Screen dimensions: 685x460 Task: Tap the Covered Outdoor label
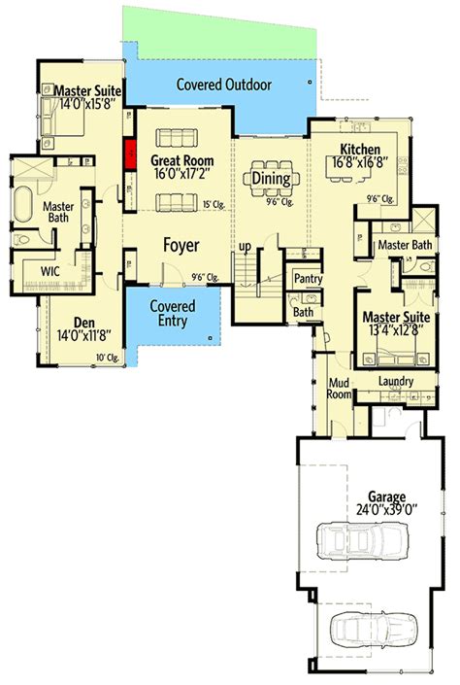click(x=223, y=85)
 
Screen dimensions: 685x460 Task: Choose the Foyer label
click(x=181, y=246)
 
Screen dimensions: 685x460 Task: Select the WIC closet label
click(x=51, y=270)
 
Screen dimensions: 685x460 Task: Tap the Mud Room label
click(x=337, y=389)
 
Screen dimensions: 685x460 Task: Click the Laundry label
click(x=396, y=382)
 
